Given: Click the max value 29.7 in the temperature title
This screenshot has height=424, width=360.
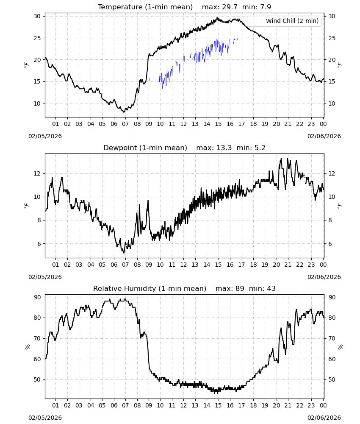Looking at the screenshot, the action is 230,7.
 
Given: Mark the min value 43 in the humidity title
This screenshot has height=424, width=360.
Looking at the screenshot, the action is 271,288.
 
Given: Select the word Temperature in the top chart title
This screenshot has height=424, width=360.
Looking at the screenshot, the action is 120,7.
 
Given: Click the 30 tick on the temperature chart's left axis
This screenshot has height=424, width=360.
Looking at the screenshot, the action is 37,16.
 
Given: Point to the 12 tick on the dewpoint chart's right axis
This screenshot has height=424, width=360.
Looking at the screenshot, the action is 332,173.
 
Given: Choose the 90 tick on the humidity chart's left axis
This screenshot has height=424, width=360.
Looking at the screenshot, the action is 37,297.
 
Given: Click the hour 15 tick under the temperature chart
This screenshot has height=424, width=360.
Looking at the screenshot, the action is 218,124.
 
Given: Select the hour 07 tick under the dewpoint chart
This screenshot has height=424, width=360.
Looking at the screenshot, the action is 125,265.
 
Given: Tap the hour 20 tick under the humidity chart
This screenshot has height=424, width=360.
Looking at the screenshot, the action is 276,405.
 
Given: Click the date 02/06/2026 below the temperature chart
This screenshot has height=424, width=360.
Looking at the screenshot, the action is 324,136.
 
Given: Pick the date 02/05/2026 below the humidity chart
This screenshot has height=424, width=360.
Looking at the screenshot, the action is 45,418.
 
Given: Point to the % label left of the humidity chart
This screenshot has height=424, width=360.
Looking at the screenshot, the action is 27,347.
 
